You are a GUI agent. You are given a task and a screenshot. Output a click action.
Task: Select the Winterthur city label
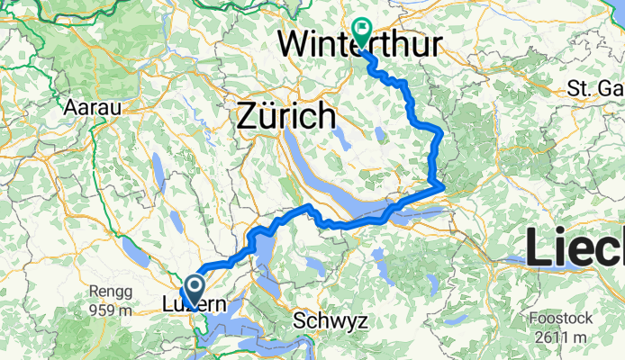click(x=358, y=41)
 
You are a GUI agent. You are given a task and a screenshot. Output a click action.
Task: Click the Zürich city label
click(x=285, y=117)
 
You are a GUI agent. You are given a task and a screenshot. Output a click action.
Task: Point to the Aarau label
click(x=88, y=106)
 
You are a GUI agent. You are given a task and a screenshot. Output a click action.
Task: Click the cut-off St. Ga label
click(x=595, y=88)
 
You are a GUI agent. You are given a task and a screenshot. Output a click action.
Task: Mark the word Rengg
click(x=109, y=292)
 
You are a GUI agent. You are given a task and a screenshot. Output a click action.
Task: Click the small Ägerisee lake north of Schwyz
click(x=314, y=265)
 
